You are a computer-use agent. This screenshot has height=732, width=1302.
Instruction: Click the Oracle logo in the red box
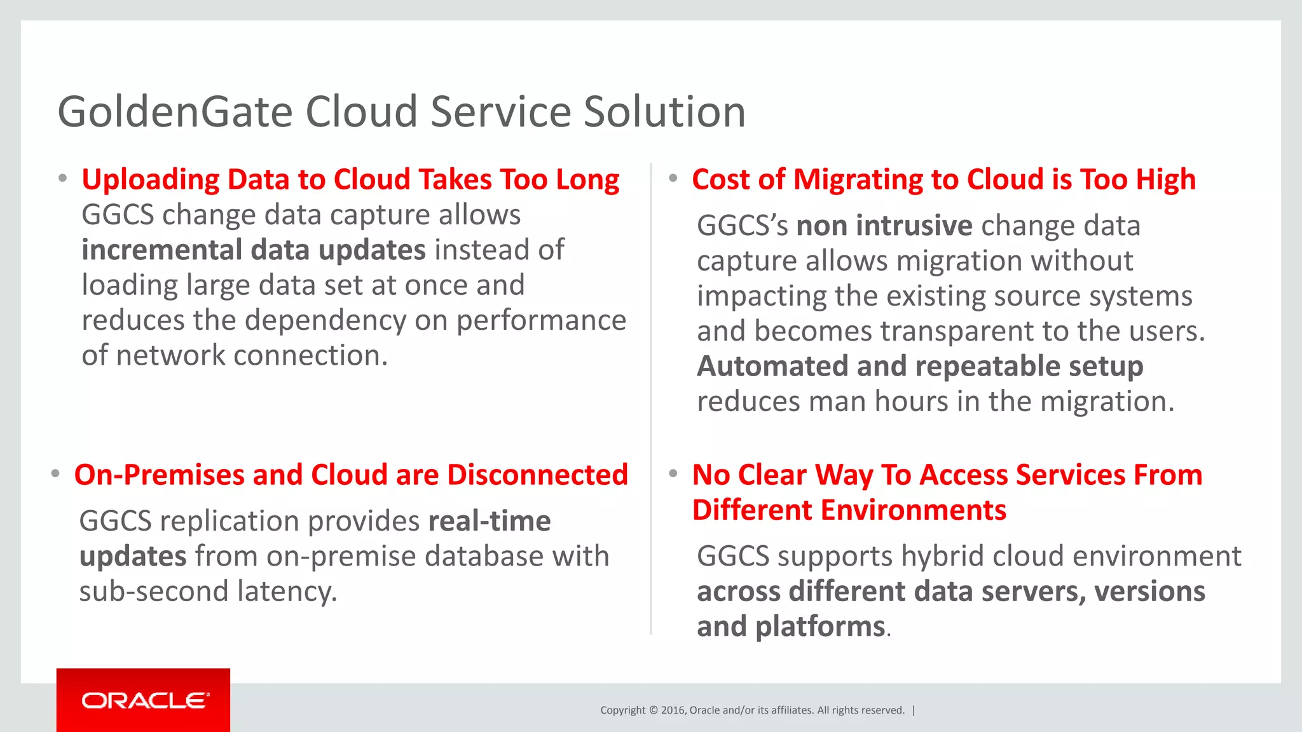click(x=144, y=700)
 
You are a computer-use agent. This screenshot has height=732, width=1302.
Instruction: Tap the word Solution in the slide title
click(x=664, y=112)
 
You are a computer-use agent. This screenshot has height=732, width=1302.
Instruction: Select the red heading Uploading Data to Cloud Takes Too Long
click(x=350, y=180)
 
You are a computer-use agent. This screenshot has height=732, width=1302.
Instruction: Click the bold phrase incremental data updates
click(x=253, y=250)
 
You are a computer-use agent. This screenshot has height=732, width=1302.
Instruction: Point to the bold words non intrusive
click(x=884, y=226)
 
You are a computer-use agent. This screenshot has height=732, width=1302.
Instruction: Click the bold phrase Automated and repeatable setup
click(x=920, y=367)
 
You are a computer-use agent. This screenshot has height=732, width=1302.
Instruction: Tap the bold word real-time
click(x=490, y=522)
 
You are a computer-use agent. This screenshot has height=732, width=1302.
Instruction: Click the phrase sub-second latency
click(x=208, y=592)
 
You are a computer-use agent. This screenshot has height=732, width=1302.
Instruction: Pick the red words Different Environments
click(x=849, y=510)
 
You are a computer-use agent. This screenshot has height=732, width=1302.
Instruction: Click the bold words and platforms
click(x=791, y=627)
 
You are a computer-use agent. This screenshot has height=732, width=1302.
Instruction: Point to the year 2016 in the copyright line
click(x=673, y=710)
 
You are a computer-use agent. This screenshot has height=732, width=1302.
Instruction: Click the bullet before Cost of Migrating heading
click(x=673, y=179)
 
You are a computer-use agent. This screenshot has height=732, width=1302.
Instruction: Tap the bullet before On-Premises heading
click(x=56, y=474)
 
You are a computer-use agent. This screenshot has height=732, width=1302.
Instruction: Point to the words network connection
click(x=252, y=356)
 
